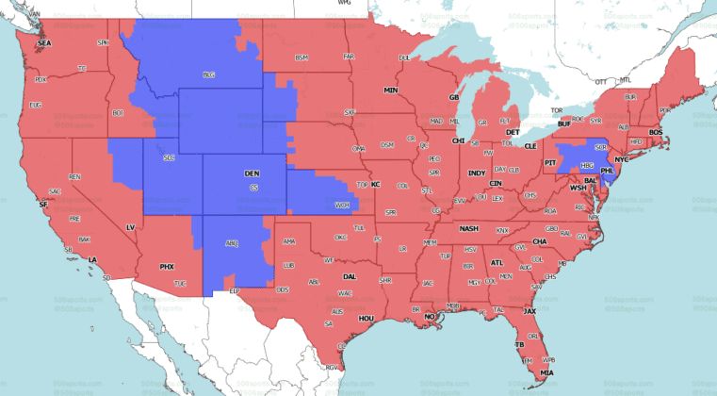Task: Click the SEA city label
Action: point(43,44)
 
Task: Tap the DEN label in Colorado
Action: point(252,174)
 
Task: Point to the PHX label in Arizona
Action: point(167,267)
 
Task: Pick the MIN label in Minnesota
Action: point(390,91)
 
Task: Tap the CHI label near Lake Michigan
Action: point(459,140)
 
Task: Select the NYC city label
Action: point(621,160)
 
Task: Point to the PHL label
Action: point(610,171)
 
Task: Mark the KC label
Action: point(375,184)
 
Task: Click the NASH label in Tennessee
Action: point(468,229)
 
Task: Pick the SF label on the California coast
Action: point(42,202)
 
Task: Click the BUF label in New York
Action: point(564,124)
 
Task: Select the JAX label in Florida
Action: point(530,311)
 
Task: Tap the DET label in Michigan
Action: point(513,133)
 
